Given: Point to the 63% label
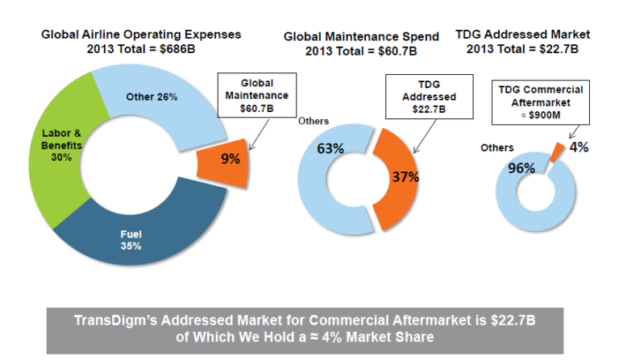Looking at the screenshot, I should [x=330, y=149].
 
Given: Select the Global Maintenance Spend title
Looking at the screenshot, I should [x=361, y=37].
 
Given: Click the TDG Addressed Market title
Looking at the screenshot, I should [x=522, y=35].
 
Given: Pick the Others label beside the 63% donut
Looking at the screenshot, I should [x=313, y=121].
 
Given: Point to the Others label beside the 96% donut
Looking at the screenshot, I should [x=496, y=148].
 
